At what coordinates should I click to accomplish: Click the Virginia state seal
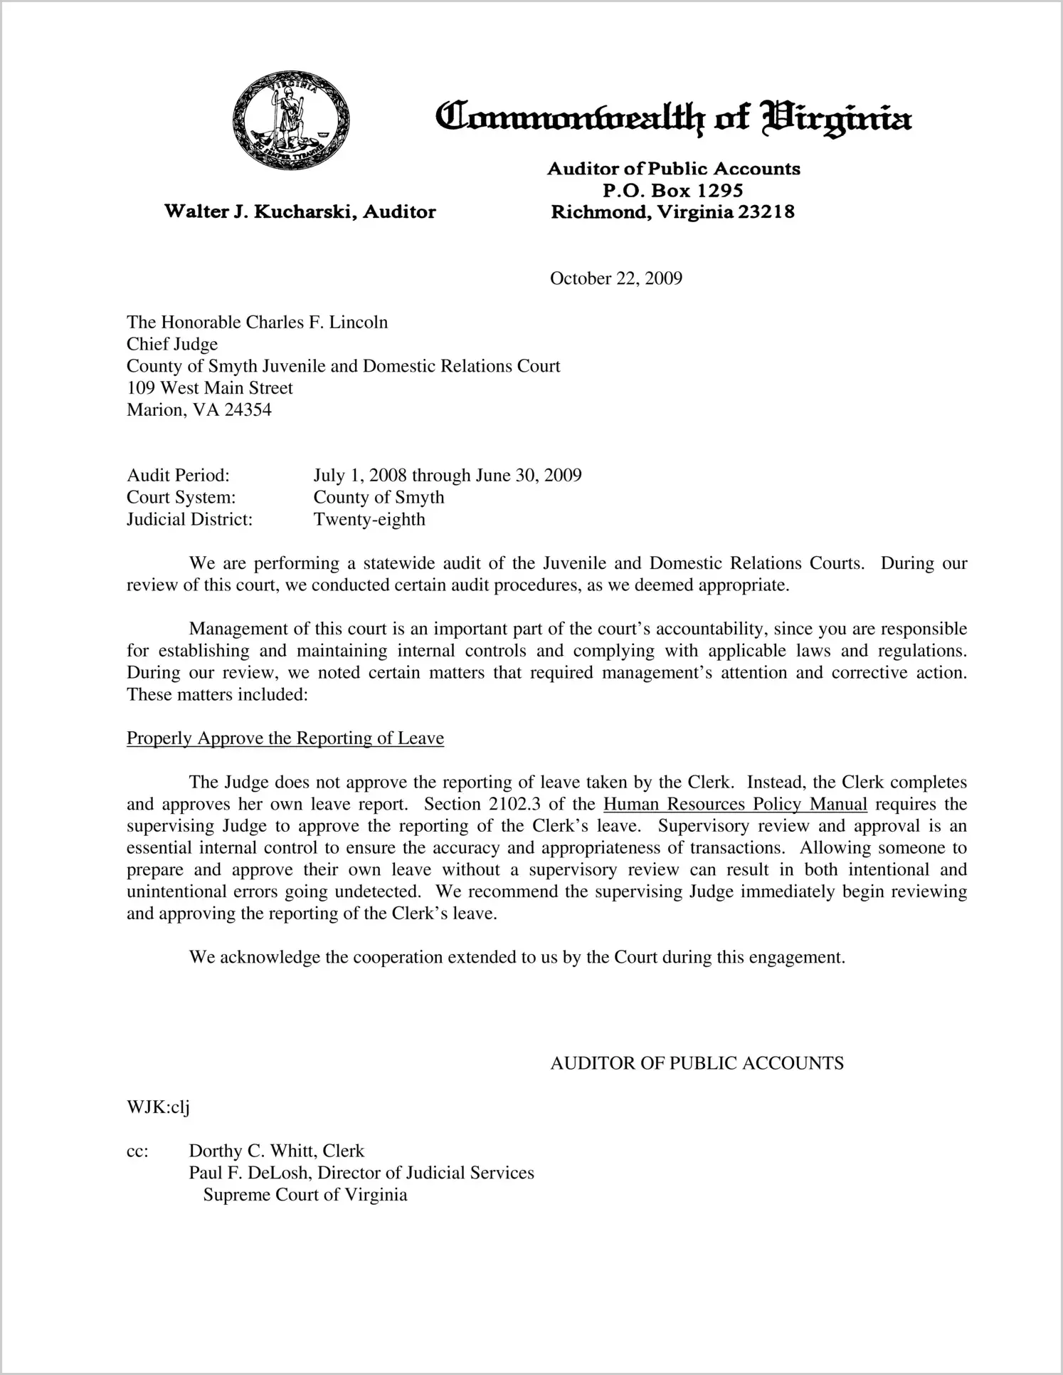[291, 120]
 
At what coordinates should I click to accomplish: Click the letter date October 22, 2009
[615, 278]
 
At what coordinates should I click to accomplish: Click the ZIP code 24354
[248, 410]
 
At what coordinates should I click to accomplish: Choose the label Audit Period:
[178, 476]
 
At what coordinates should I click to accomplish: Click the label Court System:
[181, 498]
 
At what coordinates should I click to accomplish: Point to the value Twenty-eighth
[369, 520]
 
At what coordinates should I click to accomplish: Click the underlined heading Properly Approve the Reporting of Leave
[285, 738]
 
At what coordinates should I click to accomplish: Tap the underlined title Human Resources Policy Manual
[735, 805]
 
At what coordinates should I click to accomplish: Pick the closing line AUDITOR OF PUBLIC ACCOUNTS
[697, 1064]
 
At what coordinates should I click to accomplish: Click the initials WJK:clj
[158, 1108]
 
